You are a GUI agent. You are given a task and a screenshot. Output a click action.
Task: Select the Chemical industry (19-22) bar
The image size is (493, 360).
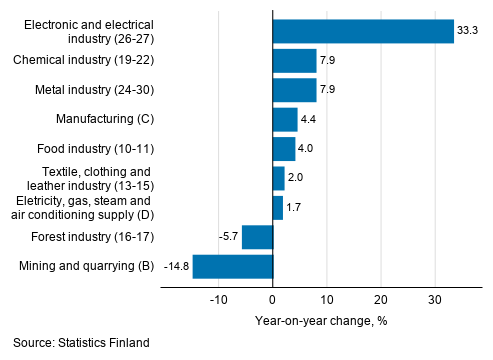click(294, 61)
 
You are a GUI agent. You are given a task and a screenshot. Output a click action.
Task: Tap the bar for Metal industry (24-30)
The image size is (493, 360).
click(294, 90)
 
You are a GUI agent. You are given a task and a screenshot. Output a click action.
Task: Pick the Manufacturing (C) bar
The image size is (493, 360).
click(284, 120)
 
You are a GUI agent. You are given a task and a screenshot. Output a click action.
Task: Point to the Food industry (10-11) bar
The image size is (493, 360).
click(283, 149)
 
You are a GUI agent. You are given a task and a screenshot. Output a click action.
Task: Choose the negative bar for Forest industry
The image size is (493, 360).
click(257, 237)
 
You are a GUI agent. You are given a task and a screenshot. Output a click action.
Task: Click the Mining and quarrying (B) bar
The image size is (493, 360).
click(232, 266)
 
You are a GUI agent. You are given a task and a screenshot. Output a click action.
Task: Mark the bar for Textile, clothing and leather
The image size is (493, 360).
click(278, 178)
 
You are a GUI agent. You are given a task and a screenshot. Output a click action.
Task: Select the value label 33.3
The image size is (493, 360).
click(468, 32)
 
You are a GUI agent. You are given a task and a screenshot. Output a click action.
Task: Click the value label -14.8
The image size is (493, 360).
click(176, 266)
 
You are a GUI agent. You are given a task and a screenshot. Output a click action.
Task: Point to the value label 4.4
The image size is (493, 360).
click(309, 120)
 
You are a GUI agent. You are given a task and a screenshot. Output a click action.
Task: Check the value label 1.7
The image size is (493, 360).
click(294, 208)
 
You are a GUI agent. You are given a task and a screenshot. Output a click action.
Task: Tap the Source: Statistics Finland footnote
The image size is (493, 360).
click(82, 343)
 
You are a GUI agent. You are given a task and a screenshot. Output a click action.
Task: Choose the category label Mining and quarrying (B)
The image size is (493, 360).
click(86, 266)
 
